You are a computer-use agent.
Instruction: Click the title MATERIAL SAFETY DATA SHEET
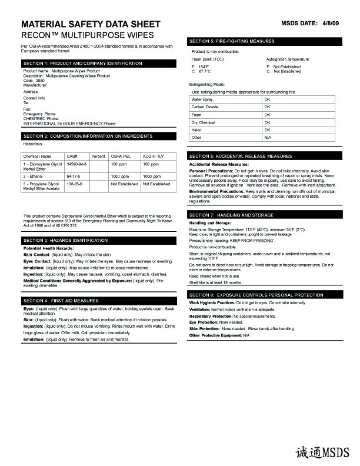pos(90,24)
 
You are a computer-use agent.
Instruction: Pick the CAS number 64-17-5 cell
pos(74,176)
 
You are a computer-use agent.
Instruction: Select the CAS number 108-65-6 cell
pos(75,184)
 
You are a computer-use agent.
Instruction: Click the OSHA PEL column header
pos(121,155)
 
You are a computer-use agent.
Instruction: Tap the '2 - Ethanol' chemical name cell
pos(34,176)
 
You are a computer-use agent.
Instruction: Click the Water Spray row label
pos(202,99)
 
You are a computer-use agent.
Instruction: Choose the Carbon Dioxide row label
pos(205,107)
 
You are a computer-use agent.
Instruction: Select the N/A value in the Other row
pos(268,137)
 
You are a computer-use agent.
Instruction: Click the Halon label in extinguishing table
pos(196,129)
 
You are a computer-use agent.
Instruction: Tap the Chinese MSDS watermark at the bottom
pos(323,451)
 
